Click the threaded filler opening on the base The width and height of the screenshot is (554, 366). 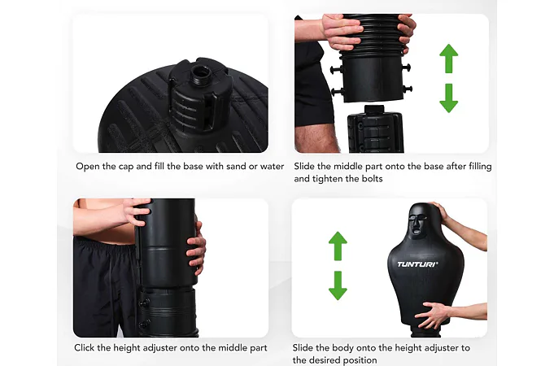coord(202,72)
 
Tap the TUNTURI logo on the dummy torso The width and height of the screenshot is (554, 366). coord(417,264)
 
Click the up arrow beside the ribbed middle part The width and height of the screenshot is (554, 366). coord(449,59)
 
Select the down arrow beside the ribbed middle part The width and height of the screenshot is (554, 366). coord(449,98)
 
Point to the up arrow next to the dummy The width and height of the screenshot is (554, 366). coord(338,246)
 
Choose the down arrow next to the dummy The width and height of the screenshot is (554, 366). coord(338,285)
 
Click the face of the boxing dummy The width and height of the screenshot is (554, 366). coord(418,224)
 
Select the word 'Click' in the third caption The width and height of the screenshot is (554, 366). coord(84,347)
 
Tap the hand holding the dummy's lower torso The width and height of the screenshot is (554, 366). coord(433,314)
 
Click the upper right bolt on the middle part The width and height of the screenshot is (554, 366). coord(406,67)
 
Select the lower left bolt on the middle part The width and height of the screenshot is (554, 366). coord(337,92)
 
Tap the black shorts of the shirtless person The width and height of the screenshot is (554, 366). coord(105,286)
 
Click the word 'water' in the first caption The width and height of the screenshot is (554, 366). coord(272,166)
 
